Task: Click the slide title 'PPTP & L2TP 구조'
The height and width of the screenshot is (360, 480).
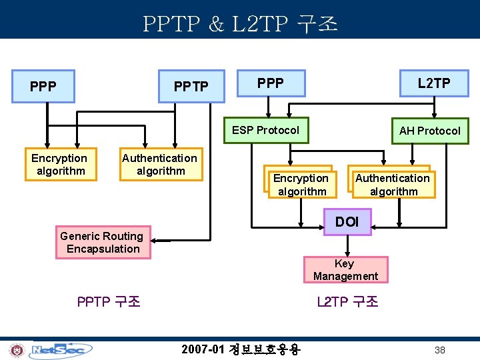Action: [x=240, y=24]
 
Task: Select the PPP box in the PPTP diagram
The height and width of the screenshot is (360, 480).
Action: [x=44, y=87]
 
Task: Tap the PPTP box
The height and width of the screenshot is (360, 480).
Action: [x=191, y=87]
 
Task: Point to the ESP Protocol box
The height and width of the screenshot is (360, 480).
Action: [x=265, y=130]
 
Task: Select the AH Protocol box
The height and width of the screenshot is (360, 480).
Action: [x=429, y=131]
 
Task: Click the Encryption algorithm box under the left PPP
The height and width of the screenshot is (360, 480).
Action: [x=59, y=164]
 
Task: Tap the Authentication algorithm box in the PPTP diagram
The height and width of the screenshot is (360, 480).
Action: [x=160, y=164]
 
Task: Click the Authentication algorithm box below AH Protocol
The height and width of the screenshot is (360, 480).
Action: [x=393, y=185]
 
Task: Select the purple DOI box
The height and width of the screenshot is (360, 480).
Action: [x=347, y=222]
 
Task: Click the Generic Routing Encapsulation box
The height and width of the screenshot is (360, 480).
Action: [x=102, y=243]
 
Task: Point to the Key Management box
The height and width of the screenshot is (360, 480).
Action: [x=345, y=270]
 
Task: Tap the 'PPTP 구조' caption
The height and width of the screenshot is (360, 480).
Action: [x=109, y=301]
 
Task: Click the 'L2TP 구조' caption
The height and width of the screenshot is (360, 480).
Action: [x=347, y=302]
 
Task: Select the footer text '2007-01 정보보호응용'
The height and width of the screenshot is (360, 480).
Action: [x=241, y=349]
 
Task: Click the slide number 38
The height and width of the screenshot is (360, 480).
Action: [x=440, y=350]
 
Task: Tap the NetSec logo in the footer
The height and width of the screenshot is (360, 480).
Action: [x=62, y=349]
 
